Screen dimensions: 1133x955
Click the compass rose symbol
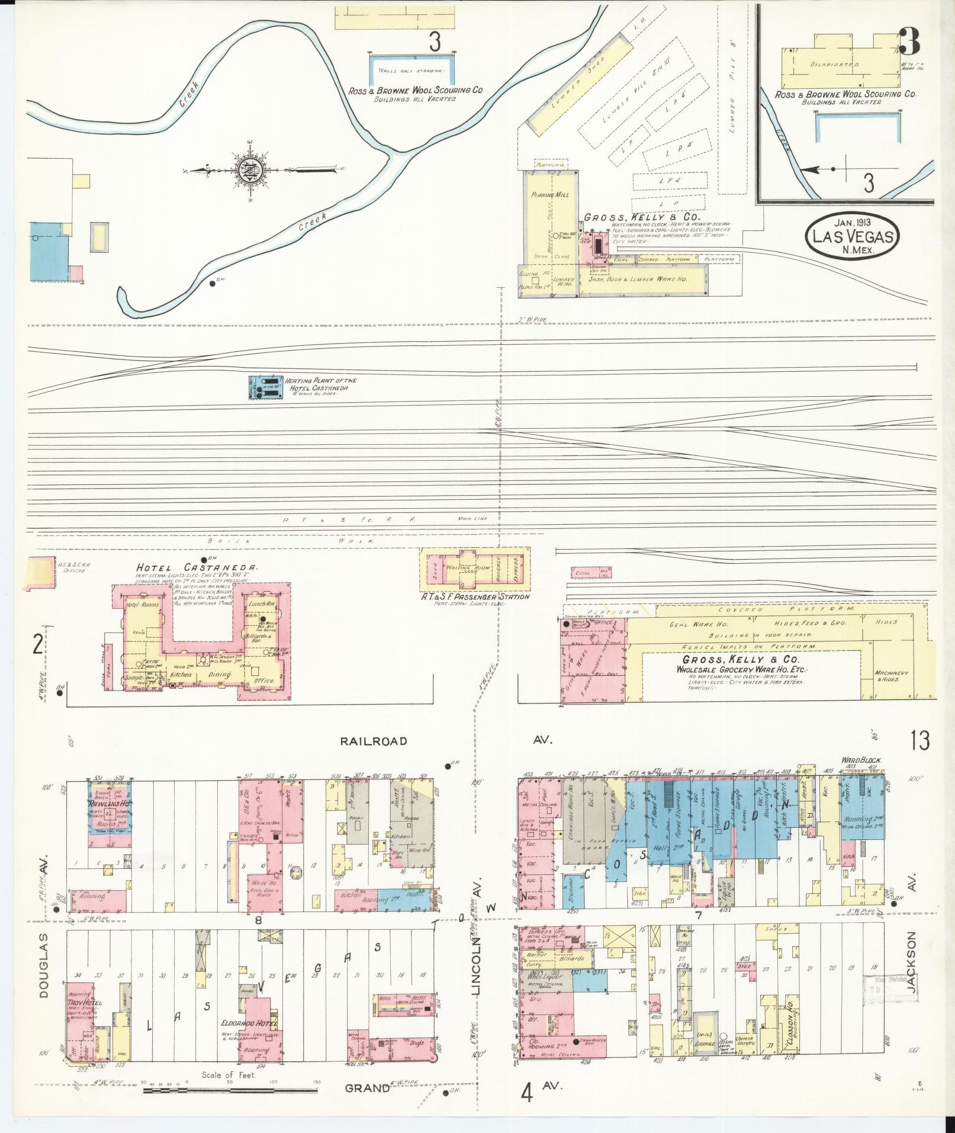[x=245, y=170]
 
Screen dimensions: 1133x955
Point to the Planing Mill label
[x=549, y=195]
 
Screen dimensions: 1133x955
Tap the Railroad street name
[x=373, y=741]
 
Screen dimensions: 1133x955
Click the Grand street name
[x=367, y=1087]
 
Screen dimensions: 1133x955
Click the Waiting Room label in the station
[x=462, y=567]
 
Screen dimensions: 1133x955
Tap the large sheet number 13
[x=921, y=740]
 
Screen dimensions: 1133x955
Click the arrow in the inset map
[x=814, y=169]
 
